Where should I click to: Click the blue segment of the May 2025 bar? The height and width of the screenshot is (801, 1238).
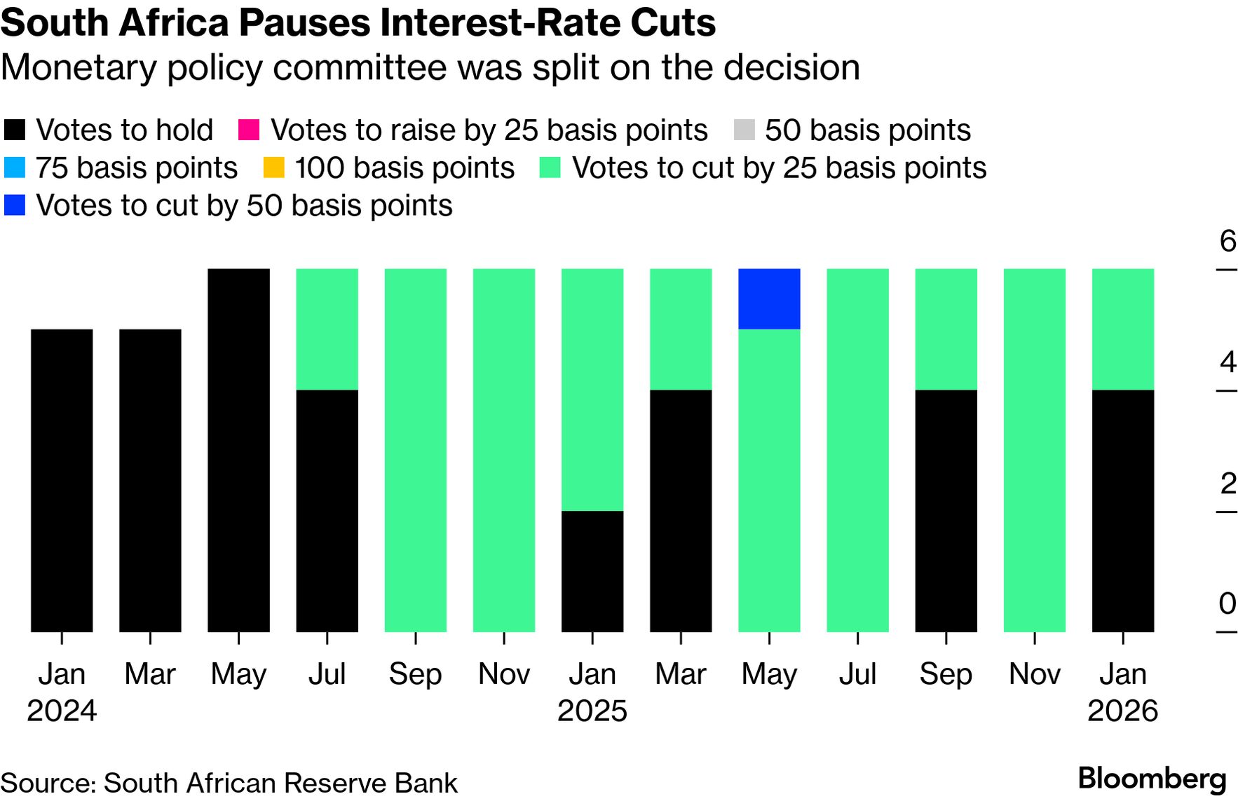[769, 299]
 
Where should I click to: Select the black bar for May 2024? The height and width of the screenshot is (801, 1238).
[238, 450]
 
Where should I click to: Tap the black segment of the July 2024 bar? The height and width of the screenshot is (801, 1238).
[327, 510]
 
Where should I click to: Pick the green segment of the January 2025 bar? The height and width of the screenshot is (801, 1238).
[592, 390]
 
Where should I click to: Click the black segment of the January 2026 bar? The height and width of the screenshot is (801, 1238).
[1123, 510]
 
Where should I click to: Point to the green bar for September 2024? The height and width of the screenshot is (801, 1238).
[416, 450]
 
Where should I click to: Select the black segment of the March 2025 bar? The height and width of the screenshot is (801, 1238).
[681, 510]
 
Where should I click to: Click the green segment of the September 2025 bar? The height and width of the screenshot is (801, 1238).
[946, 329]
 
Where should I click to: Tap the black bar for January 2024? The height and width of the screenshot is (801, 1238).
[62, 480]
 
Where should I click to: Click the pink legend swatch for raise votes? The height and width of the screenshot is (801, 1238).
[249, 130]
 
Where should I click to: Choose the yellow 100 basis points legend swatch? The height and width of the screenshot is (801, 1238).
[273, 168]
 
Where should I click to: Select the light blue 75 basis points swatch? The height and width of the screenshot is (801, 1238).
[15, 168]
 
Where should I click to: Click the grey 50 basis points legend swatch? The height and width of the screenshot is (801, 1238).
[744, 130]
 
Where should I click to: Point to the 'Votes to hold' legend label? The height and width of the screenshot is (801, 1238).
[125, 130]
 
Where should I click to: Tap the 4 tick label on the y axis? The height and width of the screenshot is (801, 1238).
[1227, 362]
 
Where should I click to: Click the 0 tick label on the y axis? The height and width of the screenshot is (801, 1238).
[1227, 603]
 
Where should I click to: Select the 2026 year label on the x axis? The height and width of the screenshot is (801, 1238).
[1122, 711]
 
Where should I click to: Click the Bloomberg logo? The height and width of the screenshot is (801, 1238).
[1152, 779]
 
